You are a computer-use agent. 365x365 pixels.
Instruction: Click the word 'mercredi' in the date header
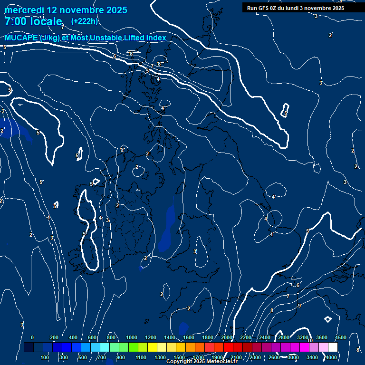(24, 10)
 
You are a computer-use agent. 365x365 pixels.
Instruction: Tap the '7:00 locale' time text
(33, 21)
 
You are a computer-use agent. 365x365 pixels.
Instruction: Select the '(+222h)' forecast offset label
(84, 21)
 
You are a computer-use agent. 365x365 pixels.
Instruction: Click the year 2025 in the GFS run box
(336, 8)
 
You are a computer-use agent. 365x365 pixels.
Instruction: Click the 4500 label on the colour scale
(341, 337)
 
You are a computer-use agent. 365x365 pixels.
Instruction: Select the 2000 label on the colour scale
(227, 337)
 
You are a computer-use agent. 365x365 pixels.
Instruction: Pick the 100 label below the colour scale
(45, 357)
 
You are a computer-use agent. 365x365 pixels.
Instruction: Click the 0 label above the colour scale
(32, 337)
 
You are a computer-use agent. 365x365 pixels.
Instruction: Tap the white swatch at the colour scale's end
(333, 347)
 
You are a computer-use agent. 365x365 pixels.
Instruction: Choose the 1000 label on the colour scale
(132, 337)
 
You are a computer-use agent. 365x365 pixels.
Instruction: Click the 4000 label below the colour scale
(332, 357)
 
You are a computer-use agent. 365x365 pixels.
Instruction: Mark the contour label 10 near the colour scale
(310, 340)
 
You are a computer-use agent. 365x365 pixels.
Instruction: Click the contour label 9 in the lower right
(299, 306)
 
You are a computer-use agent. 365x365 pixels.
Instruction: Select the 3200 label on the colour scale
(303, 337)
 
